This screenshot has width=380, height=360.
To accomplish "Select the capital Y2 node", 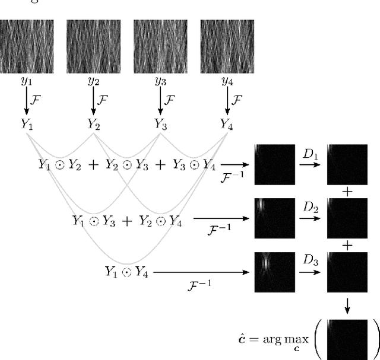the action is tap(94, 124).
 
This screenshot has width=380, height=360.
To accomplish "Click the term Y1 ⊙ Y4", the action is tap(126, 272).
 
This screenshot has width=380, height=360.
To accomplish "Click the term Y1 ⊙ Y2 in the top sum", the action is tap(61, 165).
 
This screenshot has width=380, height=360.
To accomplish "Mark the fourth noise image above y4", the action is tap(227, 47).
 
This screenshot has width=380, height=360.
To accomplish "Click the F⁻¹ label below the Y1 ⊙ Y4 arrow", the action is tap(196, 284).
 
